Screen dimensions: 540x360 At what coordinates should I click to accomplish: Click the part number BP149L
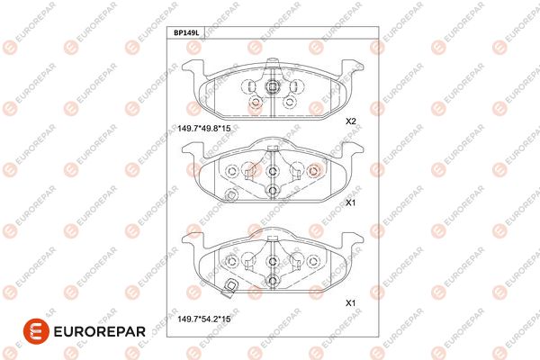[186, 33]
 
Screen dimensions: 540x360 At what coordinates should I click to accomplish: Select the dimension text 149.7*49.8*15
[204, 129]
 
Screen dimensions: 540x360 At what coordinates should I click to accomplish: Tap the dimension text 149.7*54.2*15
[204, 319]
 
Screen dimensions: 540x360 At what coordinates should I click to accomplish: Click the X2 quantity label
[351, 121]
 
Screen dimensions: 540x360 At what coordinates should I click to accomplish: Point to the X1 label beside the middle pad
[351, 202]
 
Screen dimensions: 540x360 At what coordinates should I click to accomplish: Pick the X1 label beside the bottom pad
[351, 303]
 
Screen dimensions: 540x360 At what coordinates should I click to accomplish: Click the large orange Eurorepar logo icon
[36, 331]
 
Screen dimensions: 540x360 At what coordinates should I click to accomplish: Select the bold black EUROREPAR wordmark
[100, 332]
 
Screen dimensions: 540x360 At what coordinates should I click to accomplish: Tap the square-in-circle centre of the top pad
[272, 86]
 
